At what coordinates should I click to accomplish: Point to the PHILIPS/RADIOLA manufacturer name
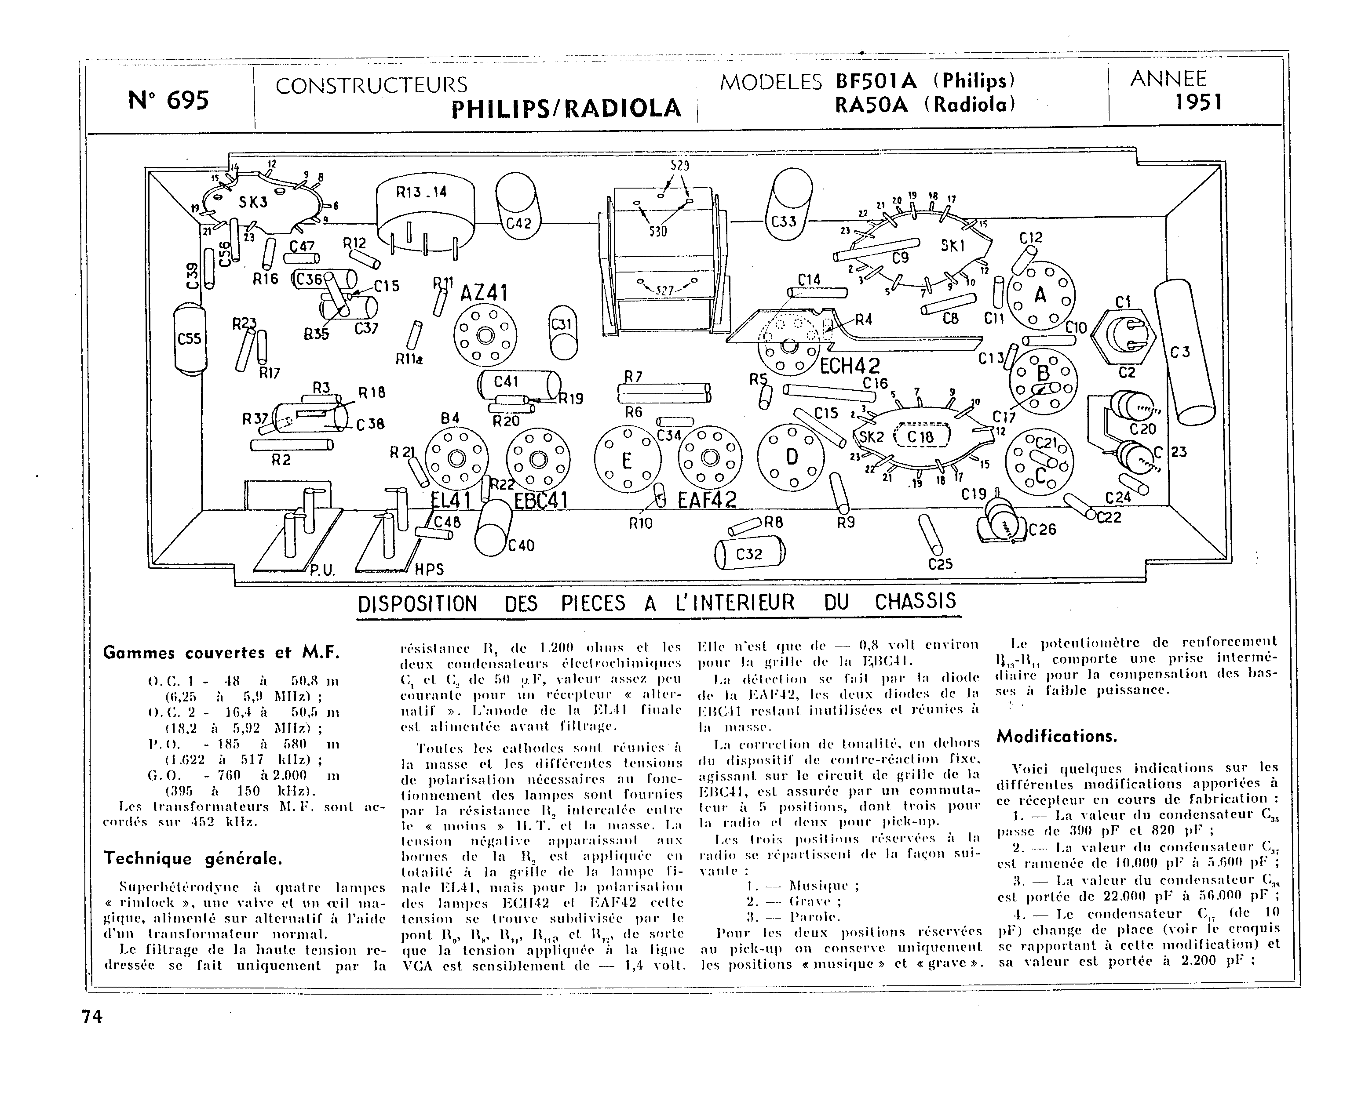pos(566,109)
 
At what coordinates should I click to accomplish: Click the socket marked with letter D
pos(792,456)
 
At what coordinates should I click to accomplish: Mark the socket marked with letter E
pos(627,459)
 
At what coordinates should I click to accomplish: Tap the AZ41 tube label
pos(484,293)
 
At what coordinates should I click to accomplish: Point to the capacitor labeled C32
pos(750,554)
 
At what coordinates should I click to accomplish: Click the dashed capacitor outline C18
pos(922,436)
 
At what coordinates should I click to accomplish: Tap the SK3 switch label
pos(253,202)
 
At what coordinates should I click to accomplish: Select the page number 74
pos(91,1016)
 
